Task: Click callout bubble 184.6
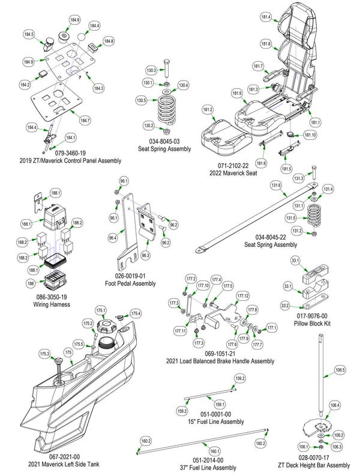(74, 20)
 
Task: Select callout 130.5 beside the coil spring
(142, 100)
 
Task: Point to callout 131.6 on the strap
(275, 186)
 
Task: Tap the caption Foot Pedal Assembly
(130, 283)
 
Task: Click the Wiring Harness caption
(53, 304)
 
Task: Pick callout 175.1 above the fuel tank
(101, 310)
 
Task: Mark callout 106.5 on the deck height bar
(340, 370)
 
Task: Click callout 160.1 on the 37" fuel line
(213, 450)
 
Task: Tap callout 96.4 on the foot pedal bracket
(112, 238)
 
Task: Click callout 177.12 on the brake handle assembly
(242, 296)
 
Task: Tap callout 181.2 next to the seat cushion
(208, 110)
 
